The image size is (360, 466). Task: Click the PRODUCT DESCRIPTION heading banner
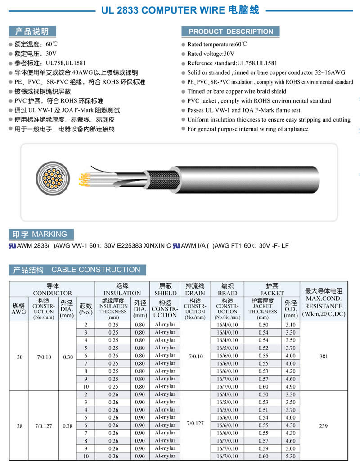pos(230,32)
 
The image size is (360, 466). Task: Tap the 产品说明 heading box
pos(32,32)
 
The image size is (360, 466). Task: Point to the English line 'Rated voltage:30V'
pos(211,54)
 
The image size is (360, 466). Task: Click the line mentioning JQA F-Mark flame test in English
pos(243,110)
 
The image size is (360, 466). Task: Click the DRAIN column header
pos(195,289)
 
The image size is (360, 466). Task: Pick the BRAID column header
pos(227,289)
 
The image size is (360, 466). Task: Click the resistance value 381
pos(324,357)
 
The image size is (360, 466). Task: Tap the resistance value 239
pos(324,426)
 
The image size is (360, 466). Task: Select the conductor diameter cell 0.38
pos(67,426)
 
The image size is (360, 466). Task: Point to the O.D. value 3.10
pos(290,325)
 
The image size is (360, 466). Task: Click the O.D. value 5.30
pos(290,456)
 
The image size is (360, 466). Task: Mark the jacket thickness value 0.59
pos(263,448)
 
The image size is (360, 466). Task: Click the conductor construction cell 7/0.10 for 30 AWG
pos(44,357)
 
